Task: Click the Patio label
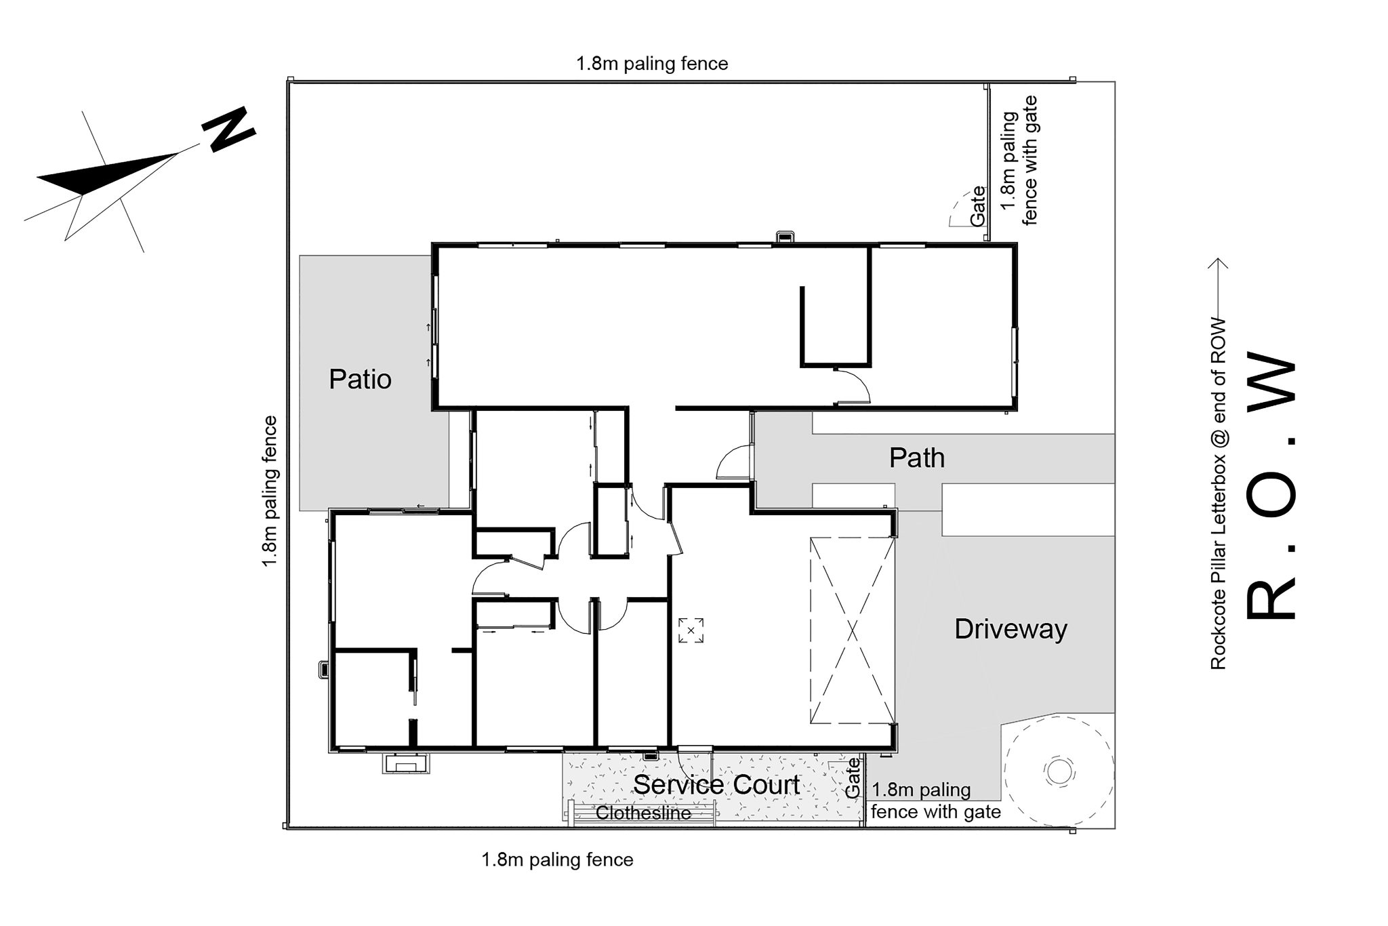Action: pos(360,379)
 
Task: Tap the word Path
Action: pos(916,458)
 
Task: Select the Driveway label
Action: pos(1011,630)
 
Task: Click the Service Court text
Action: pos(716,784)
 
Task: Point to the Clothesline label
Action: pos(643,813)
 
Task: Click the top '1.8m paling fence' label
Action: pos(652,64)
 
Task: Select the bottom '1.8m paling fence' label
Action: pos(557,860)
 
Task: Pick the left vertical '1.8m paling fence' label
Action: pos(270,492)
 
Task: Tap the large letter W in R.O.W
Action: pos(1271,387)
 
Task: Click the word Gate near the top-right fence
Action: pos(977,206)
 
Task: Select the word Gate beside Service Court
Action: pos(853,777)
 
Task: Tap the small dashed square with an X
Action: pos(691,630)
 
